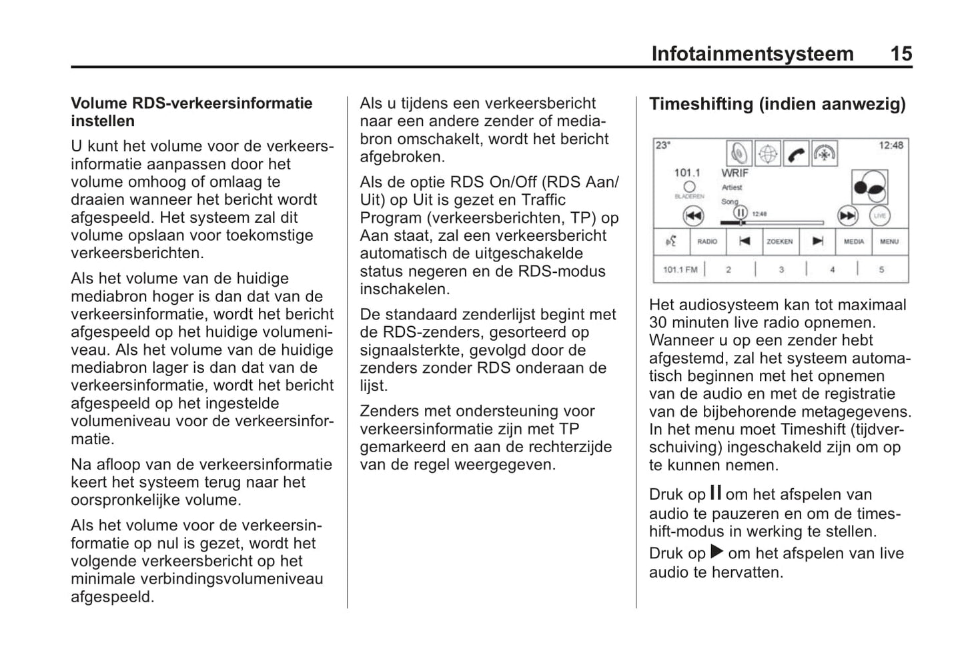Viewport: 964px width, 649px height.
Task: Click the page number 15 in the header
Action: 901,53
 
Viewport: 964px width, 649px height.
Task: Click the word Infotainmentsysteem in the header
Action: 752,53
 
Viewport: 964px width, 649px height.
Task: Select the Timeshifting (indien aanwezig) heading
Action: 777,104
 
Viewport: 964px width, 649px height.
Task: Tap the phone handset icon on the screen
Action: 796,154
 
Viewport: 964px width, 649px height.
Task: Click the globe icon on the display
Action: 768,154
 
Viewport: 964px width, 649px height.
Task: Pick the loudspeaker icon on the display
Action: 739,154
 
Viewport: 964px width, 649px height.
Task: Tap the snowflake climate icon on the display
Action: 825,154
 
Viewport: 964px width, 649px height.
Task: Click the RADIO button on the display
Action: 707,241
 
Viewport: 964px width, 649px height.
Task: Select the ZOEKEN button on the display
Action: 779,241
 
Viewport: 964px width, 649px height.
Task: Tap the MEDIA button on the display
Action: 854,241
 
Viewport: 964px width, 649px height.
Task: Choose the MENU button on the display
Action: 889,241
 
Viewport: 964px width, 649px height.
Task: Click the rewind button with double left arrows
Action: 694,215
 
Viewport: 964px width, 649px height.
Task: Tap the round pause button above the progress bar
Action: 741,212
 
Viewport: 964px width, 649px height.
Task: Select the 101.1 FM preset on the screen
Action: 680,269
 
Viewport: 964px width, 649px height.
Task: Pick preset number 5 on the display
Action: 881,269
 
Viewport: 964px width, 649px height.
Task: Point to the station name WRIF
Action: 735,173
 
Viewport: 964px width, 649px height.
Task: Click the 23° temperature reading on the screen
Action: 663,145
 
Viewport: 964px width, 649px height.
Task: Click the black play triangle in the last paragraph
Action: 716,552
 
